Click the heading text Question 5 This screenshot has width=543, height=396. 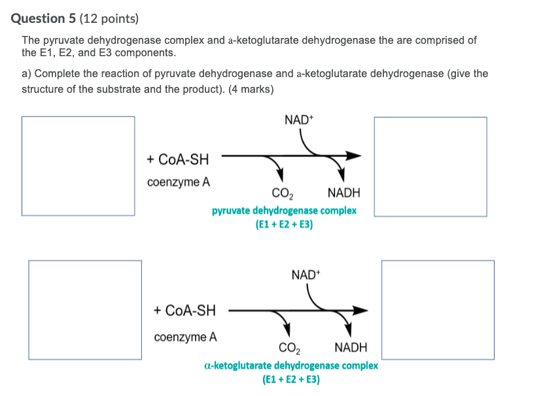tap(43, 19)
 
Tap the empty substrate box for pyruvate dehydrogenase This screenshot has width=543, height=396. tap(78, 166)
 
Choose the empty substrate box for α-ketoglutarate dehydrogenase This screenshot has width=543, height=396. tap(84, 310)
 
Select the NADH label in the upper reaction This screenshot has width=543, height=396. tap(343, 193)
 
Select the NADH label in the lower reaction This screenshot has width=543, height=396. tap(351, 347)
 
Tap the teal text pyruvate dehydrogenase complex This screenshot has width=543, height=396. tap(284, 211)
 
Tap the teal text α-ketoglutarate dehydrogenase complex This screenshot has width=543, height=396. tap(291, 365)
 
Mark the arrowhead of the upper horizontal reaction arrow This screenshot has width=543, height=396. tap(353, 156)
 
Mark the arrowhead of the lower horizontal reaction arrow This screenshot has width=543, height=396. tap(360, 310)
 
